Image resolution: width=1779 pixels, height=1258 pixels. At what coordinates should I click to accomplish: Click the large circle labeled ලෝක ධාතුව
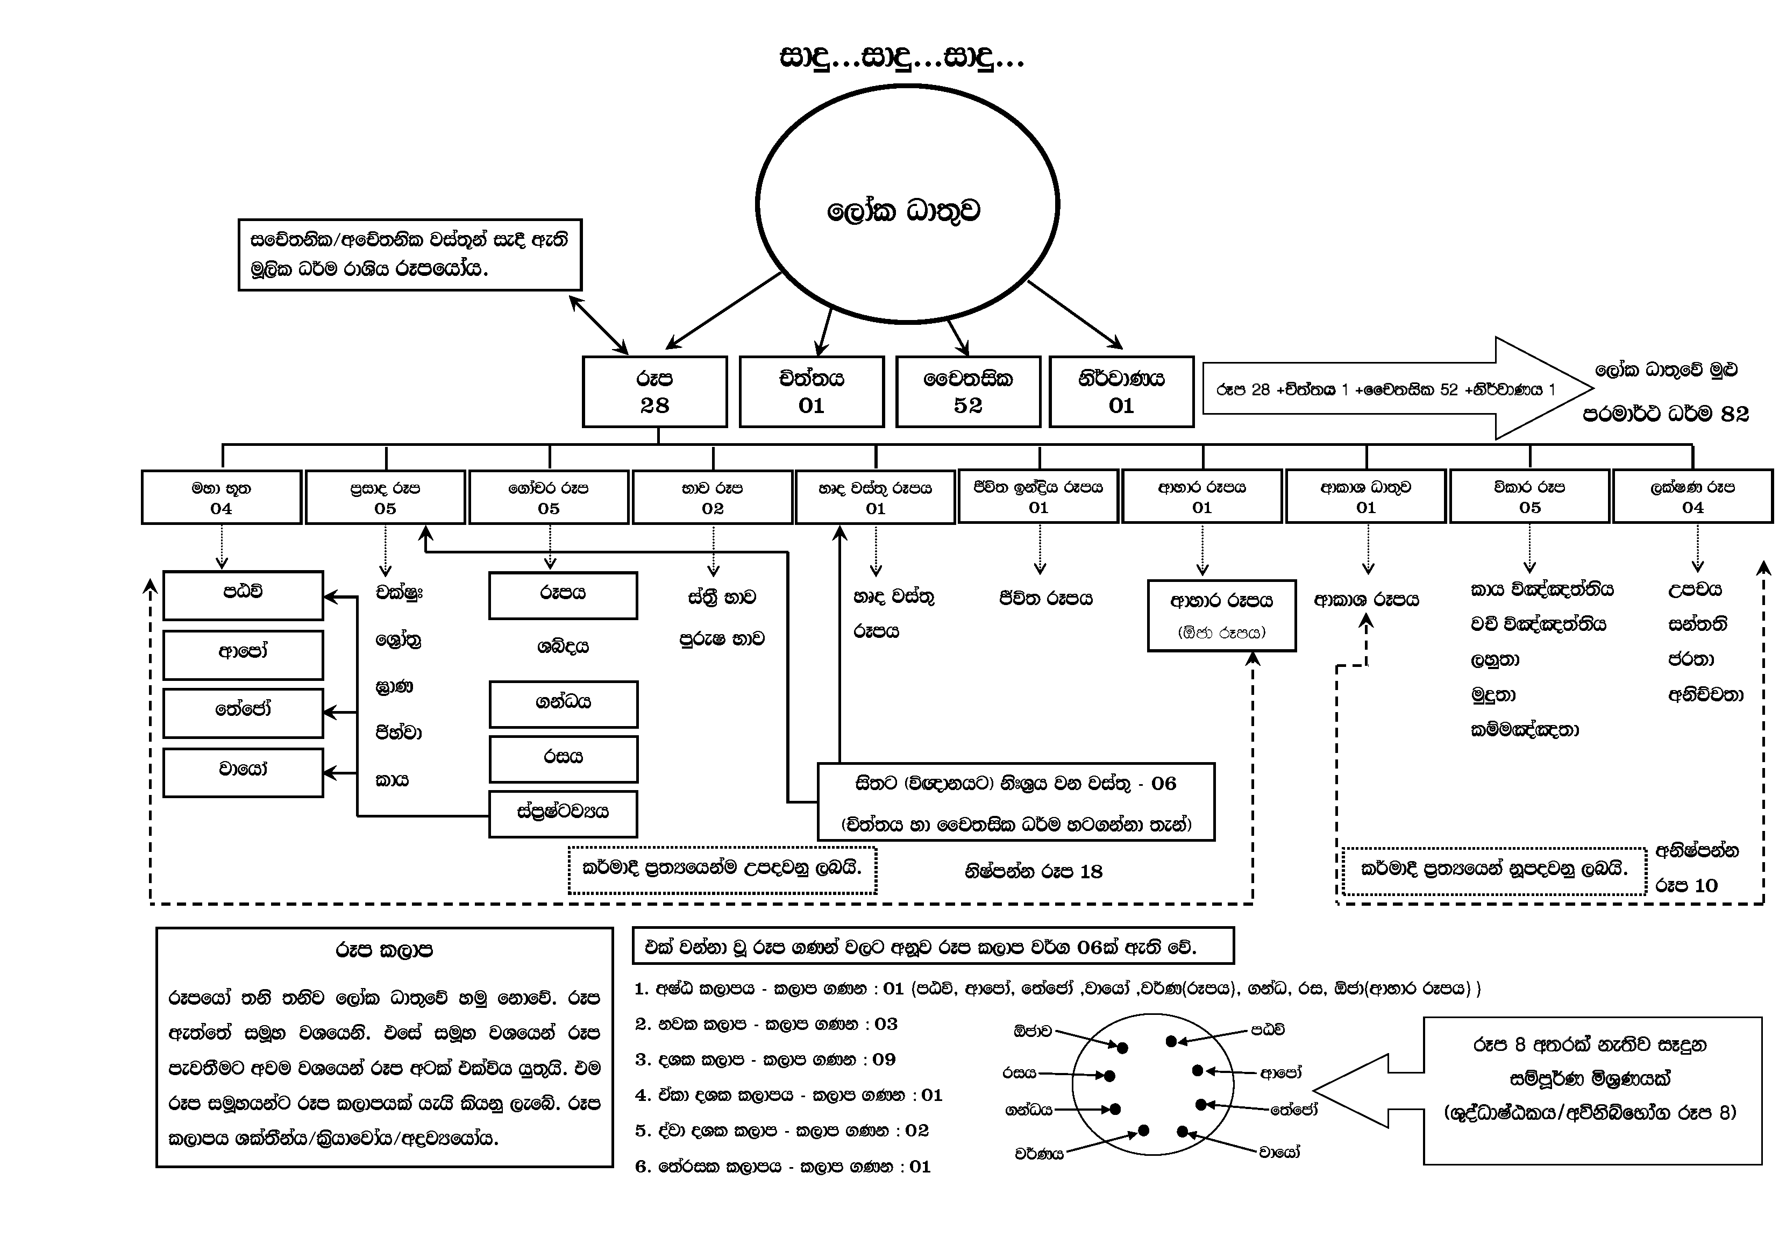coord(907,203)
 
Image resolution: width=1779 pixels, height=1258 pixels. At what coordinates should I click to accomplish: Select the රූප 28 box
coord(654,392)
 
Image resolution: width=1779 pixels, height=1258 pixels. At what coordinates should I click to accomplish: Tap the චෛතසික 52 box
coord(968,392)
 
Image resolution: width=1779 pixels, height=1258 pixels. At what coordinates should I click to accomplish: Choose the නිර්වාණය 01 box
coord(1121,392)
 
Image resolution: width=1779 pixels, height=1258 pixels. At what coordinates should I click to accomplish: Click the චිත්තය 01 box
coord(811,392)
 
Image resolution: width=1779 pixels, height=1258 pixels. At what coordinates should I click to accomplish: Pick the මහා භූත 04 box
coord(222,497)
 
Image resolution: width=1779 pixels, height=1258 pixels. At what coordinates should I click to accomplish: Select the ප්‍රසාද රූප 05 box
coord(385,497)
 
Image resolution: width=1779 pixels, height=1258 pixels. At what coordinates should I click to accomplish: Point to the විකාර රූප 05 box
coord(1529,497)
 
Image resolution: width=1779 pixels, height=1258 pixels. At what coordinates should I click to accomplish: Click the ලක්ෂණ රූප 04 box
coord(1692,497)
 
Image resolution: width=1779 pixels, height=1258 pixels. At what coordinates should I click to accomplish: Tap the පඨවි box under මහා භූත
coord(243,595)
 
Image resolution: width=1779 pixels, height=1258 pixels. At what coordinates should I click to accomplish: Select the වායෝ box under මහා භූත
coord(243,772)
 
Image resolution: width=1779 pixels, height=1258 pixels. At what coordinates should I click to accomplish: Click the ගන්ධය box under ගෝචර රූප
coord(563,704)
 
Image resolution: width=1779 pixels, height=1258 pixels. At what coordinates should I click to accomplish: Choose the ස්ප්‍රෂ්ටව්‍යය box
coord(563,814)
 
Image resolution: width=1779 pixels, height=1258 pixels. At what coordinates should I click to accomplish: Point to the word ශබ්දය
coord(563,646)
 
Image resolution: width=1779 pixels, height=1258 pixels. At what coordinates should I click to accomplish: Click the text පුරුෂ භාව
coord(722,639)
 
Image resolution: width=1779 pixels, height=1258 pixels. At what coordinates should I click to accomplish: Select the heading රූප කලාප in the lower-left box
coord(385,950)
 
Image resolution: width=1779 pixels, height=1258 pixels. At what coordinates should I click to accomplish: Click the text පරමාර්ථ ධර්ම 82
coord(1666,415)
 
